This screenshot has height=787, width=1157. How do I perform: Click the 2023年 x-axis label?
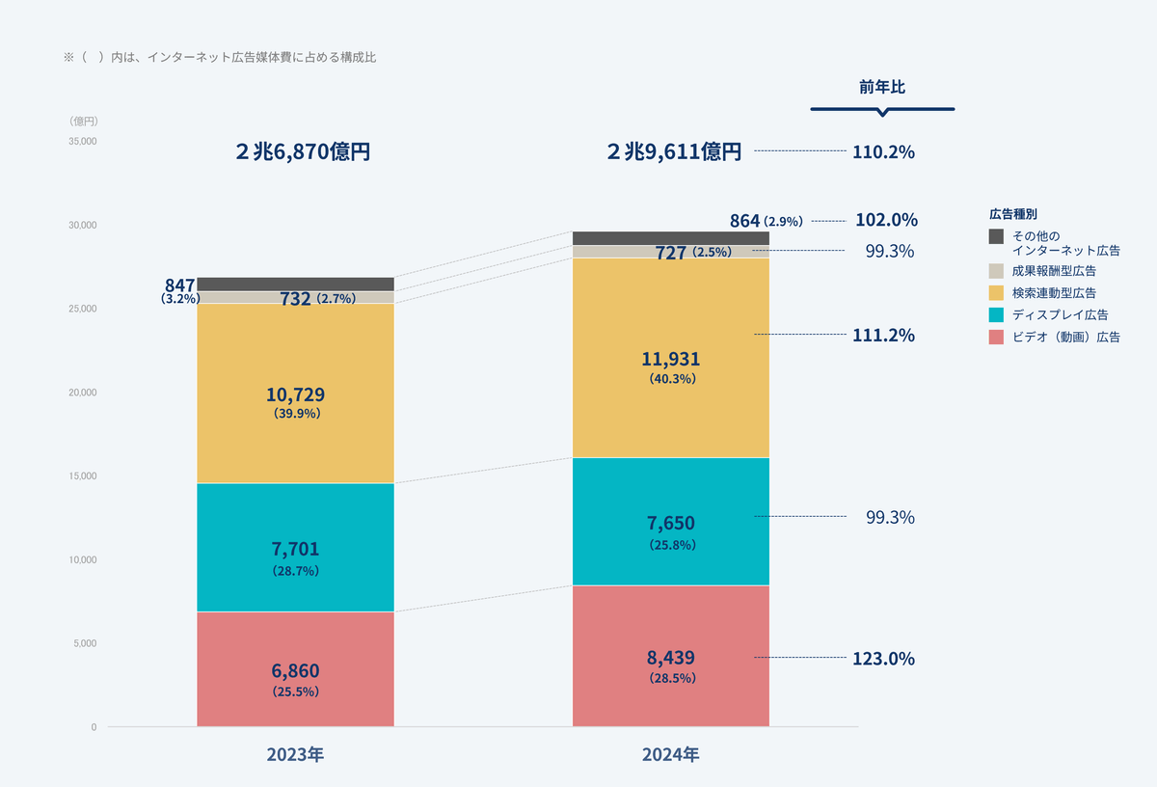point(295,754)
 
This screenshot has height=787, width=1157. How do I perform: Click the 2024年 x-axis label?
point(670,754)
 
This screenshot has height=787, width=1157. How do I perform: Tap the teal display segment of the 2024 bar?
point(670,521)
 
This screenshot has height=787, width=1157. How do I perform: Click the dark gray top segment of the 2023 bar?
point(295,284)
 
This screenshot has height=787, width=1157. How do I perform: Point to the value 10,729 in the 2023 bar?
point(295,394)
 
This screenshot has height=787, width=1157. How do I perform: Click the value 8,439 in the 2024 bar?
point(670,658)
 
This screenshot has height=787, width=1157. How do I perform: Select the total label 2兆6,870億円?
point(302,151)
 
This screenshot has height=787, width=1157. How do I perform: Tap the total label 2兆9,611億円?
point(674,151)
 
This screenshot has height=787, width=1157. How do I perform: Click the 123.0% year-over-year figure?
point(883,659)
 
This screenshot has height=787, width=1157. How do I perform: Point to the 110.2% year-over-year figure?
point(883,151)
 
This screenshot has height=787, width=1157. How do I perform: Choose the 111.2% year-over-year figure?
point(883,336)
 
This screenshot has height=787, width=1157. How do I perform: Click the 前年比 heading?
point(882,87)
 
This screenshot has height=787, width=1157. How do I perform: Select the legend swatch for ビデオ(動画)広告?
point(997,337)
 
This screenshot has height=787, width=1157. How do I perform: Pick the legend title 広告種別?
point(1012,213)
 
